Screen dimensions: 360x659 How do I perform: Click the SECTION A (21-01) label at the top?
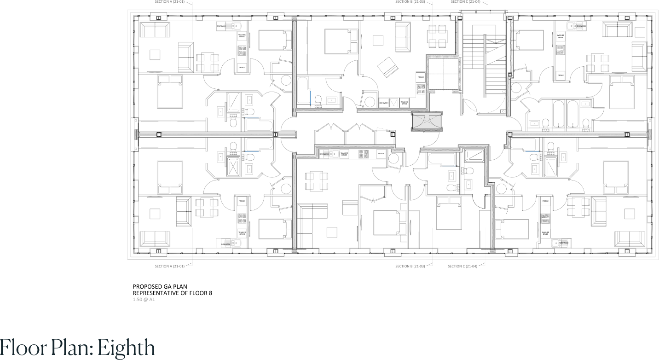click(x=169, y=2)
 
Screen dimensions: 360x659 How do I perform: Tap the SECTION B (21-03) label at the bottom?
click(x=410, y=266)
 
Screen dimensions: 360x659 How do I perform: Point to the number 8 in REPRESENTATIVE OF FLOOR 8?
click(x=210, y=293)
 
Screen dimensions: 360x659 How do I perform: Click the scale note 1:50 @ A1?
click(x=144, y=299)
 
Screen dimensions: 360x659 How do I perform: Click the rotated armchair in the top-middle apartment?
click(x=387, y=67)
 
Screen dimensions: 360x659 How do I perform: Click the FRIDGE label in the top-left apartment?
click(x=242, y=68)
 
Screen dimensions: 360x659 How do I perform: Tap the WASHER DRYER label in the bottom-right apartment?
click(x=545, y=233)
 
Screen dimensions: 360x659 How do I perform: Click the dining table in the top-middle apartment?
click(x=437, y=36)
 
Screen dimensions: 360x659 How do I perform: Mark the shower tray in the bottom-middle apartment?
click(x=474, y=156)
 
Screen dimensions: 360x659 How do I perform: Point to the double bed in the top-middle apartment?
click(x=341, y=41)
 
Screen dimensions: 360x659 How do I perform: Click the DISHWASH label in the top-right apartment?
click(x=581, y=26)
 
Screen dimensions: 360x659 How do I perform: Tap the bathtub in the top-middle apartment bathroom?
click(x=303, y=90)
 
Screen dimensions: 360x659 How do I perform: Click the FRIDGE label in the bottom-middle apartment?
click(x=381, y=153)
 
